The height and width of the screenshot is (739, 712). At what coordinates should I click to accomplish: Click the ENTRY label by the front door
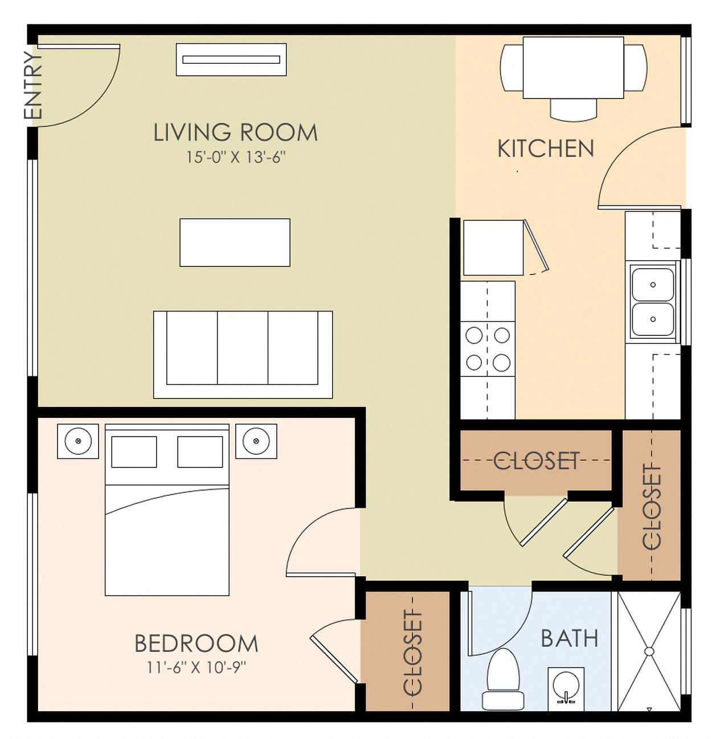[x=32, y=85]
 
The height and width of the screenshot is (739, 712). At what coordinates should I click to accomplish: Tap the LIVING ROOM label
[x=235, y=133]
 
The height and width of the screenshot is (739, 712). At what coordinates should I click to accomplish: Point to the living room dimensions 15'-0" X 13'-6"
[x=236, y=157]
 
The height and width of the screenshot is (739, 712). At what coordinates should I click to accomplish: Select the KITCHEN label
[x=546, y=149]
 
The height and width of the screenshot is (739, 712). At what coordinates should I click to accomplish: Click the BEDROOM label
[x=197, y=643]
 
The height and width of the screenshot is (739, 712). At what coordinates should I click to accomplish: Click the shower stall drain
[x=649, y=652]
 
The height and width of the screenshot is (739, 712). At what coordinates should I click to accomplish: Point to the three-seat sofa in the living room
[x=243, y=354]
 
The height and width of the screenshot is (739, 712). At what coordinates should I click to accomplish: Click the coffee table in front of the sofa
[x=235, y=243]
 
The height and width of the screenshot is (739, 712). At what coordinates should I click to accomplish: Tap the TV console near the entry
[x=231, y=60]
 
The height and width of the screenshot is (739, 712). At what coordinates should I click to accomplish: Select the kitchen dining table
[x=574, y=68]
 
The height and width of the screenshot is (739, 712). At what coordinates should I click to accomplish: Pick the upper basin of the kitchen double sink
[x=653, y=285]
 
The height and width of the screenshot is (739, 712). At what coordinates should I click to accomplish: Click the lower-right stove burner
[x=501, y=363]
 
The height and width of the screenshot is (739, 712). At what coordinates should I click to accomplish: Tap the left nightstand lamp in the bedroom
[x=78, y=441]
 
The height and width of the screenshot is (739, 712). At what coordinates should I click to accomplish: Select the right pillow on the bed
[x=200, y=451]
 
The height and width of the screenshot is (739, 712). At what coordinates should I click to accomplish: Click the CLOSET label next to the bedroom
[x=412, y=653]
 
